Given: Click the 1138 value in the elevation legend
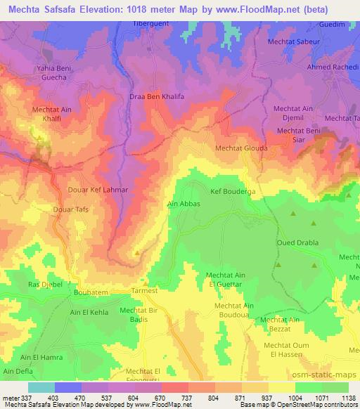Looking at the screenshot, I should point(348,398).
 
